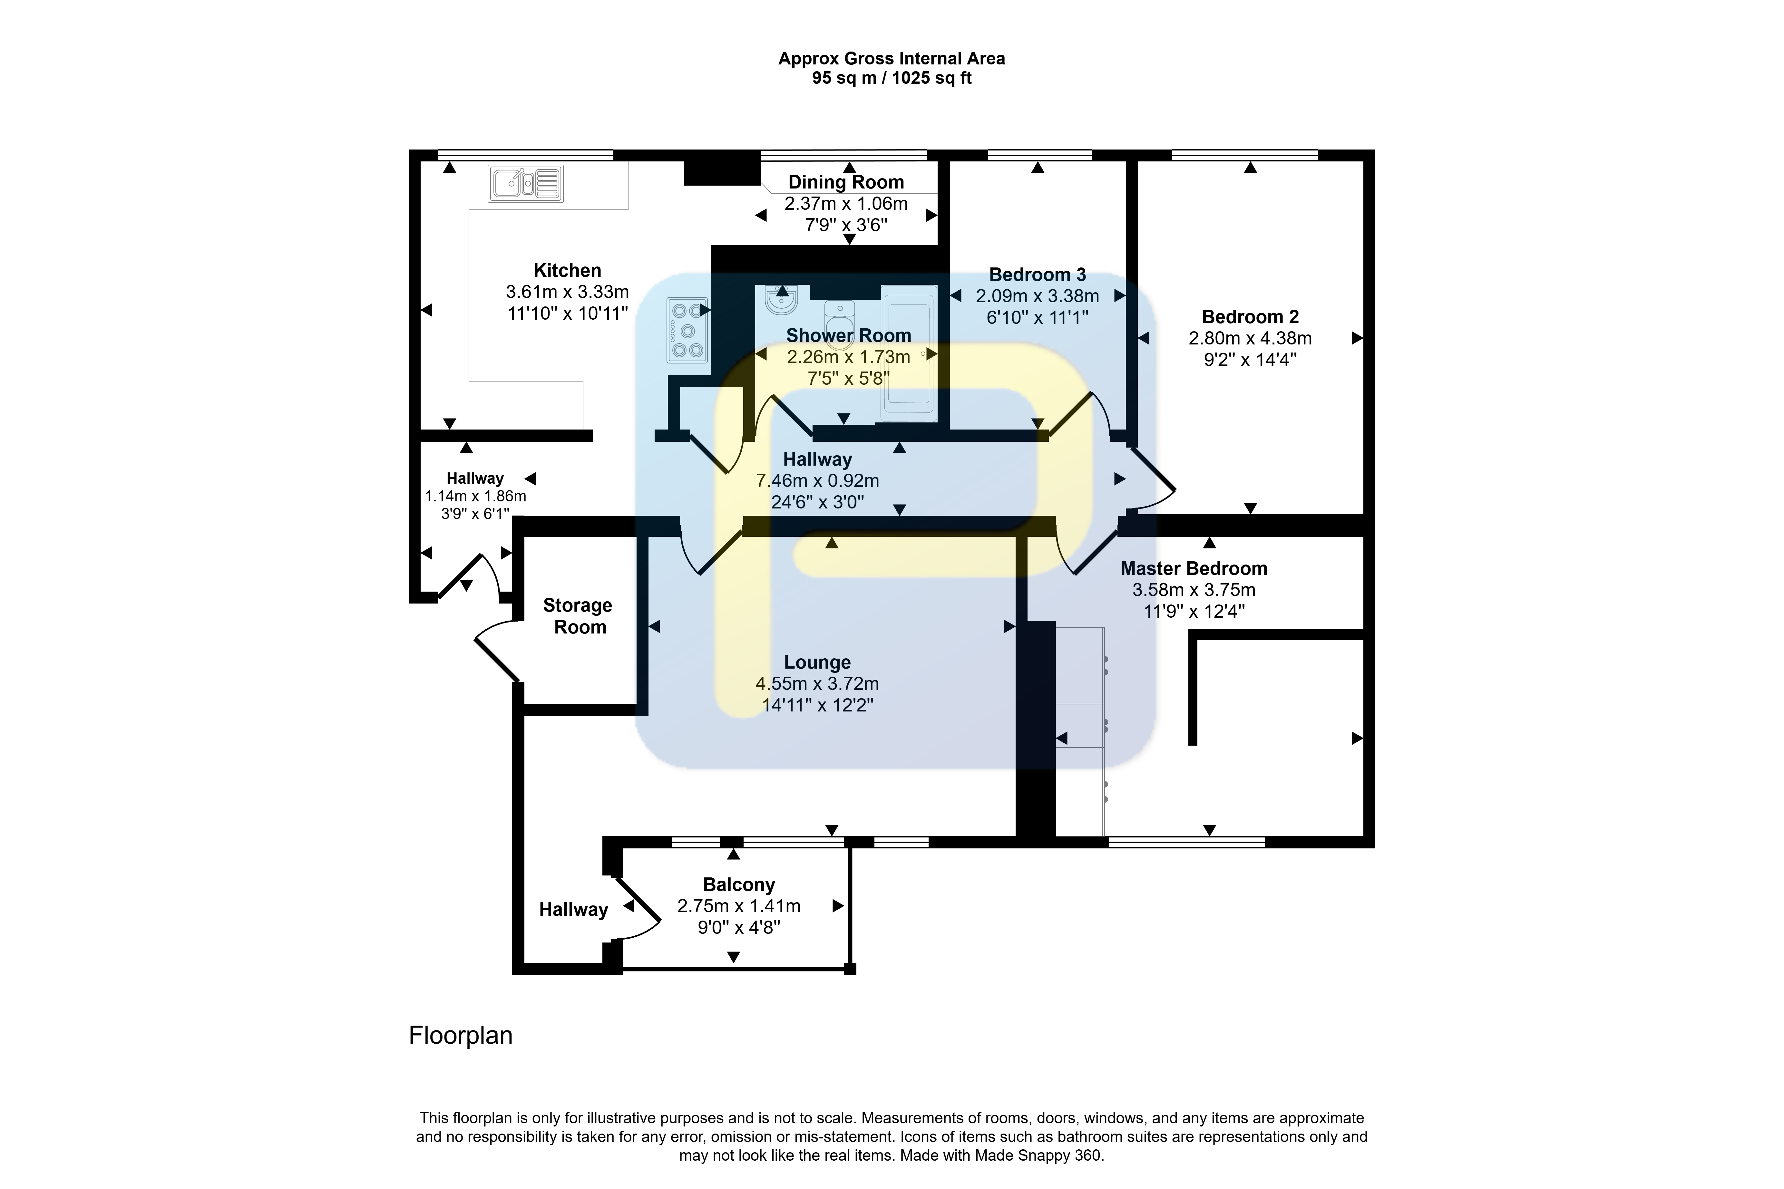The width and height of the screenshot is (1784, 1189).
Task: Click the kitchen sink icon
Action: (526, 184)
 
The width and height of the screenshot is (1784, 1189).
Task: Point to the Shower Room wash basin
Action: (781, 300)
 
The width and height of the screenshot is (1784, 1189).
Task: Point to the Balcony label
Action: (739, 885)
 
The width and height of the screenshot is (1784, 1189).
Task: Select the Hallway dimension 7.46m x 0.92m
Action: (818, 481)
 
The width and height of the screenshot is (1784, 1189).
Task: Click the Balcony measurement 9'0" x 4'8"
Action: (739, 927)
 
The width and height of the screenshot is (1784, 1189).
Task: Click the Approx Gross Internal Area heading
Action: (892, 58)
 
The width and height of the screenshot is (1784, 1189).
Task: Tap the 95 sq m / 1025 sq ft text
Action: (892, 78)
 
